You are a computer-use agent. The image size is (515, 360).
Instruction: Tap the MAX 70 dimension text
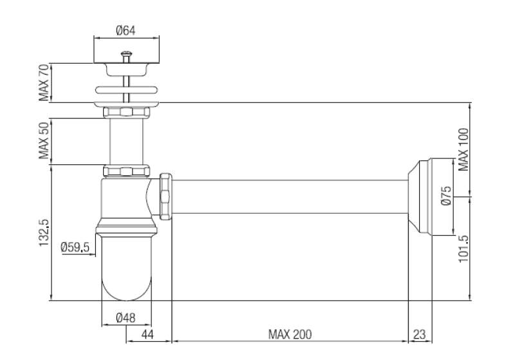point(44,82)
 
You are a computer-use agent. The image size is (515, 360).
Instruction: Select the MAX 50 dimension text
point(44,140)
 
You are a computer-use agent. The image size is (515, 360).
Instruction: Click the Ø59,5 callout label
point(75,247)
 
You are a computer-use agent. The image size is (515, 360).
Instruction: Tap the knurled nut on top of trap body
point(126,171)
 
